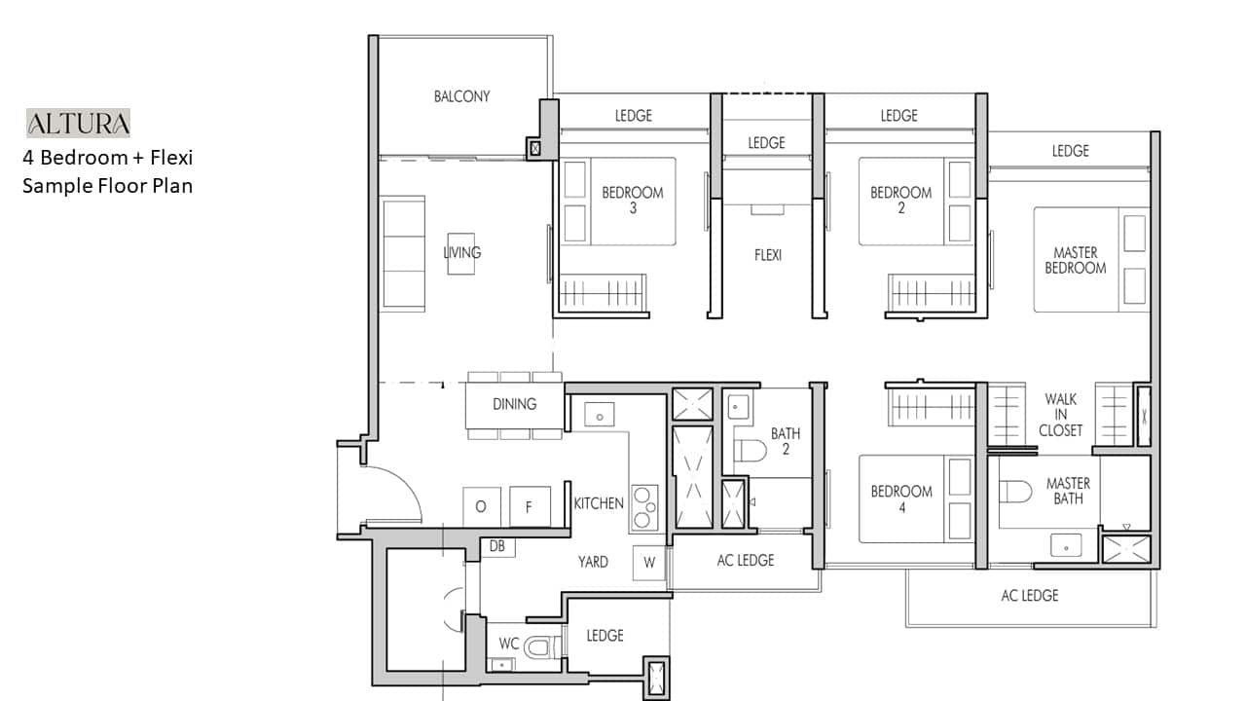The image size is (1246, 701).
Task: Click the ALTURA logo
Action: coord(78,123)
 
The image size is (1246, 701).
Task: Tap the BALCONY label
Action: coord(461,96)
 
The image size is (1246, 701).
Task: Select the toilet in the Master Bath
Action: coord(1015,492)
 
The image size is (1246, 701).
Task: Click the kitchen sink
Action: coord(599,415)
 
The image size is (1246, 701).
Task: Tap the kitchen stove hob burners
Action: coord(644,508)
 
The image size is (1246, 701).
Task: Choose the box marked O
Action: coord(481,507)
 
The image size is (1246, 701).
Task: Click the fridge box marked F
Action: coord(530,507)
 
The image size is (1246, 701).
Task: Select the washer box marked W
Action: coord(649,563)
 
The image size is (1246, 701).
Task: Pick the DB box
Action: coord(497,547)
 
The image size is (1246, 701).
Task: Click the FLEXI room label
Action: coord(768,255)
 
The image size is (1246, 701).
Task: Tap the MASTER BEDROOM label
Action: coord(1076,260)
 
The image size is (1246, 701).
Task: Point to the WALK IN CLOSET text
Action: coord(1061,415)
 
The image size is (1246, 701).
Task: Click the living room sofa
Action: coord(403,253)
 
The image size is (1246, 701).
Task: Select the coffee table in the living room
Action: coord(461,254)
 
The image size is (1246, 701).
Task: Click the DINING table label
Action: coord(515,404)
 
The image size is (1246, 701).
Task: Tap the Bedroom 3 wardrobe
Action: coord(603,293)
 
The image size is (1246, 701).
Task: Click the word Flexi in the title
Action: coord(171,158)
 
